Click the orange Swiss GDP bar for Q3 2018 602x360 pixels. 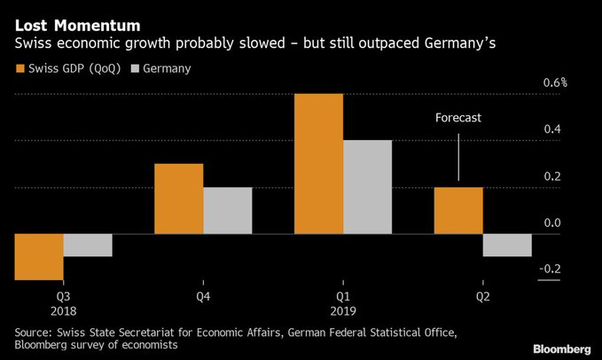coord(39,256)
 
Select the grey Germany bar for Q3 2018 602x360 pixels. coord(88,245)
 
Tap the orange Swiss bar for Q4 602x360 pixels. coord(179,199)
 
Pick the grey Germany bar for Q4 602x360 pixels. coord(228,210)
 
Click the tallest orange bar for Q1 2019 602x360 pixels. coord(318,163)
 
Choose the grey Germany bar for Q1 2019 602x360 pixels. coord(367,186)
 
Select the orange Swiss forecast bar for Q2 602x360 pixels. coord(458,210)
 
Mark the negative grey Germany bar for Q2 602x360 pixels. coord(507,245)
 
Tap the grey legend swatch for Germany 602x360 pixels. coord(136,68)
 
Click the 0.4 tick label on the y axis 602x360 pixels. coord(552,129)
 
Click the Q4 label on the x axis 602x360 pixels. coord(204,296)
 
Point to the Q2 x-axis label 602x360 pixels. coord(483,296)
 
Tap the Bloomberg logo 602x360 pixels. coord(560,346)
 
